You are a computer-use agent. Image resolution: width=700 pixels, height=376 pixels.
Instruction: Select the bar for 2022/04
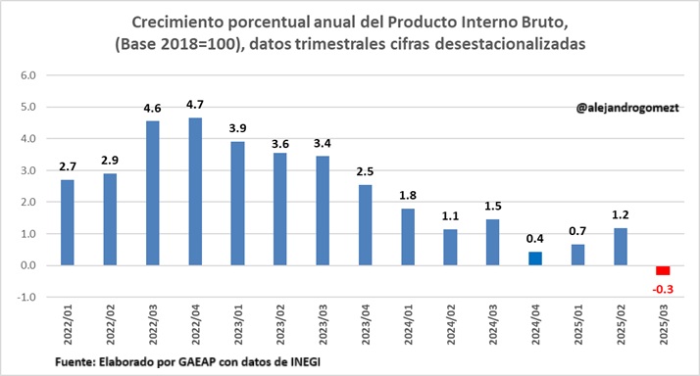click(195, 191)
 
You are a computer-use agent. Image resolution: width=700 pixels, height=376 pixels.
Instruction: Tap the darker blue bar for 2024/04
click(536, 258)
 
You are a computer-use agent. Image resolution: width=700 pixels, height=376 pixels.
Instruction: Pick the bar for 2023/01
click(237, 204)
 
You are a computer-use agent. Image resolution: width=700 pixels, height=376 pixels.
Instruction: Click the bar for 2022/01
click(68, 222)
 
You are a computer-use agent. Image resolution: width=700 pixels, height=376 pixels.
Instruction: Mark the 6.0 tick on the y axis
click(28, 75)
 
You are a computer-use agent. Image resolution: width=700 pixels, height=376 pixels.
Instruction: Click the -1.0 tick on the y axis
click(27, 298)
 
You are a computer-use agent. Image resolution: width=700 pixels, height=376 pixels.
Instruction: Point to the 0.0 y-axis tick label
click(28, 265)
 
